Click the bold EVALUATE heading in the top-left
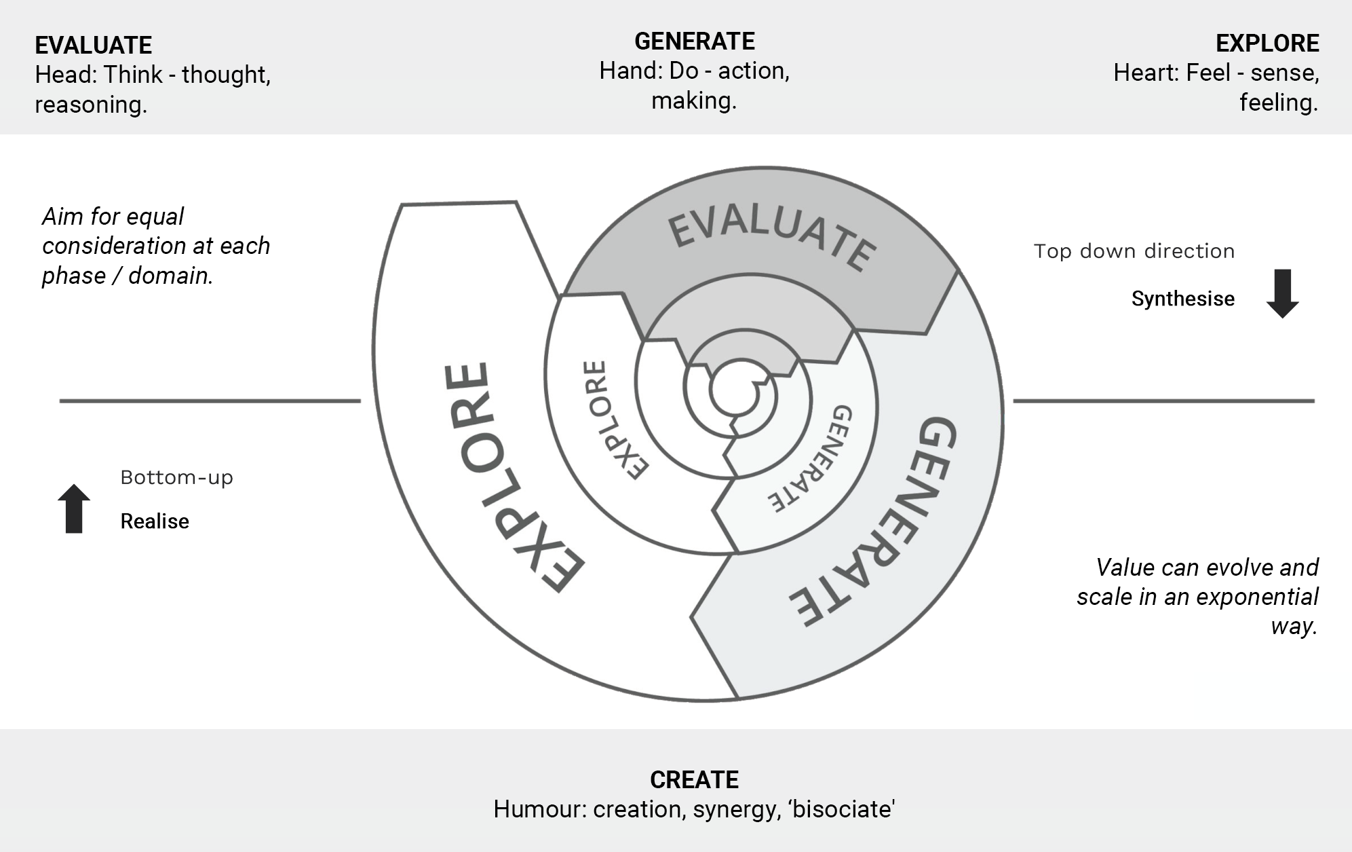94,45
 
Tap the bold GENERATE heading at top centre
694,41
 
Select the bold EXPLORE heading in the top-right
1267,43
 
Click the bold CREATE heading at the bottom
694,779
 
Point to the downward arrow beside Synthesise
1282,294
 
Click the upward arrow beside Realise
74,508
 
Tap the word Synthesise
1182,299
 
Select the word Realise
155,521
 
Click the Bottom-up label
176,477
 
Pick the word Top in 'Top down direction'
1052,251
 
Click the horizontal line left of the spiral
210,401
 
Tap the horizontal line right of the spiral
1163,401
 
